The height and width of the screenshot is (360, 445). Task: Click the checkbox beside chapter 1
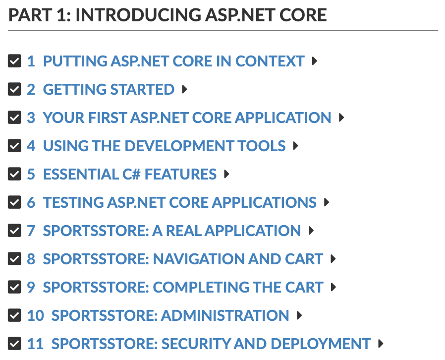14,61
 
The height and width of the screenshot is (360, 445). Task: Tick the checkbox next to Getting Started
14,89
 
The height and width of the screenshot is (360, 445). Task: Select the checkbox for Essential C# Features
14,174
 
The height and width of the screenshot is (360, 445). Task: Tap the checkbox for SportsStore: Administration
14,315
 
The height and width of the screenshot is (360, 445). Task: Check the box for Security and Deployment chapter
14,344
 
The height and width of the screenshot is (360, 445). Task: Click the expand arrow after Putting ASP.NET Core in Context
315,61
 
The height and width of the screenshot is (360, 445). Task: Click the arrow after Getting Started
184,89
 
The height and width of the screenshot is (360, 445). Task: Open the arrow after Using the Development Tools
296,146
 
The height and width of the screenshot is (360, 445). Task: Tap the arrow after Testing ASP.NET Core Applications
327,202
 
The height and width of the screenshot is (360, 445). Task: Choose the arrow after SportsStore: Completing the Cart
334,287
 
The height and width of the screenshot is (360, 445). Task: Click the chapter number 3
31,118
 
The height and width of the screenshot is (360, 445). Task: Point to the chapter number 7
31,231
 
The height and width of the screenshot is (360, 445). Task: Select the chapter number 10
36,315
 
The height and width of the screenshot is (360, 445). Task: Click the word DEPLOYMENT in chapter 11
321,344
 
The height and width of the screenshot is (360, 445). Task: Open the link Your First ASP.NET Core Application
187,118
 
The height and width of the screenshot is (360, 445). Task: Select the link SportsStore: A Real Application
172,231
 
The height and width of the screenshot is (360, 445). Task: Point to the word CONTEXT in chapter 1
270,61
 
